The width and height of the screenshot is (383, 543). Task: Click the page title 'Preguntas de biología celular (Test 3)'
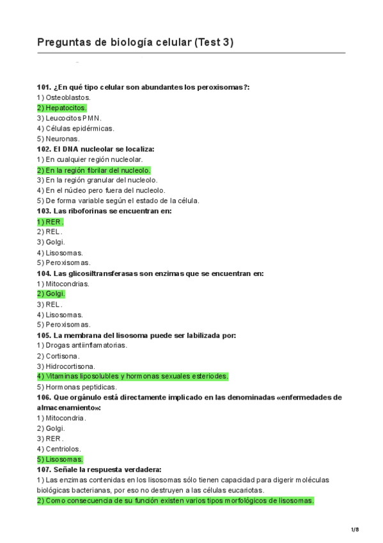[x=136, y=43]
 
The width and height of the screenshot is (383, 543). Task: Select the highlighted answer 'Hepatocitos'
[x=62, y=108]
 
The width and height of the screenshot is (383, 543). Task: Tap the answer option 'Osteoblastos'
[x=64, y=97]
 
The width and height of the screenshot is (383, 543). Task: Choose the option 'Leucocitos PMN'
[x=69, y=118]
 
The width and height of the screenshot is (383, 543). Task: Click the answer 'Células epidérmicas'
[x=75, y=128]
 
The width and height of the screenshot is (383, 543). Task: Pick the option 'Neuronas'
[x=59, y=138]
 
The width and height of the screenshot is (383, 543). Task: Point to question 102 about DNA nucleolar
[x=96, y=149]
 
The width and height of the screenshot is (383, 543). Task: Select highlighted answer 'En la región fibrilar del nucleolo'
[x=94, y=170]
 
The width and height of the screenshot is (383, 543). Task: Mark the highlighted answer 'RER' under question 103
[x=51, y=222]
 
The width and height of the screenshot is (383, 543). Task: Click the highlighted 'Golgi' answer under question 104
[x=51, y=294]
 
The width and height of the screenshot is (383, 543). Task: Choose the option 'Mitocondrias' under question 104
[x=63, y=284]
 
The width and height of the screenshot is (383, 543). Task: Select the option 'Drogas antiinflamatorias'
[x=82, y=345]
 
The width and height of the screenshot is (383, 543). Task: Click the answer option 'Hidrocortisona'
[x=67, y=366]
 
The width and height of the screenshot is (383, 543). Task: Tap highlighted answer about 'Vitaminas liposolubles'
[x=132, y=377]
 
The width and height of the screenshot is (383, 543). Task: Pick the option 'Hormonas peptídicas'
[x=77, y=387]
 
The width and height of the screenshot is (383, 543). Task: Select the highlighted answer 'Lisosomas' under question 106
[x=60, y=459]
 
